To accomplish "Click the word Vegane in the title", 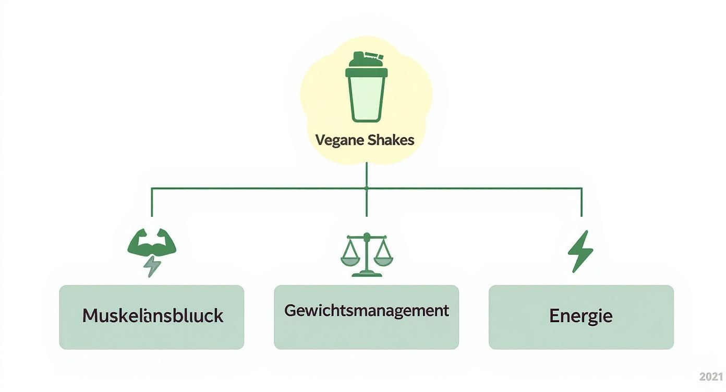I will (339, 140).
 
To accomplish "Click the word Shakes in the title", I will (391, 140).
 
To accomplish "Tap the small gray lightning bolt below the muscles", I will (152, 266).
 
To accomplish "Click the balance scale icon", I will (367, 255).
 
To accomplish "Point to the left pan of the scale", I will (350, 259).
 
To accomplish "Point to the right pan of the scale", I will (383, 259).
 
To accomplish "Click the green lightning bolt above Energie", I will (580, 251).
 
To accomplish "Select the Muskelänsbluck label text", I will (152, 316).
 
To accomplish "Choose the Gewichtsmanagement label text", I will (366, 311).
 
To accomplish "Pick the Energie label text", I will (580, 316).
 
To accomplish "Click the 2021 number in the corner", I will (711, 377).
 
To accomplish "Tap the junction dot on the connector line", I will (367, 188).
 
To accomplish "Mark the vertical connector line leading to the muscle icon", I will (152, 202).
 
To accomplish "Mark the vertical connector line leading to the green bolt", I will (582, 202).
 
